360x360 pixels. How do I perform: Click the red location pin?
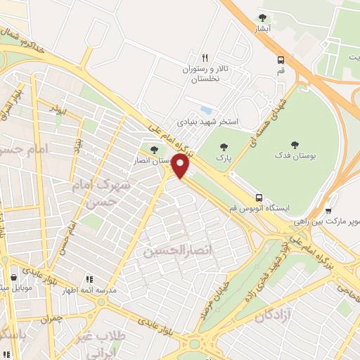(x=181, y=167)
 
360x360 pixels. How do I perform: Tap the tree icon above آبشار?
(x=262, y=18)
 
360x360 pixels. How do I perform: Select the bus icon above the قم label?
(x=281, y=60)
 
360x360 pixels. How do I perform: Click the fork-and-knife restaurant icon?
(x=205, y=58)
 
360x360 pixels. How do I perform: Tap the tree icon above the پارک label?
(x=224, y=147)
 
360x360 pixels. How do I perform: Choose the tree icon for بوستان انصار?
(x=153, y=149)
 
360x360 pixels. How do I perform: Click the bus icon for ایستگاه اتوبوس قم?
(x=259, y=198)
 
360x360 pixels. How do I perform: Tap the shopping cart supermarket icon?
(x=329, y=210)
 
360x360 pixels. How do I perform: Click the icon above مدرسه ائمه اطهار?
(x=89, y=279)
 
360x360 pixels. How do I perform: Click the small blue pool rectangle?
(x=206, y=110)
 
